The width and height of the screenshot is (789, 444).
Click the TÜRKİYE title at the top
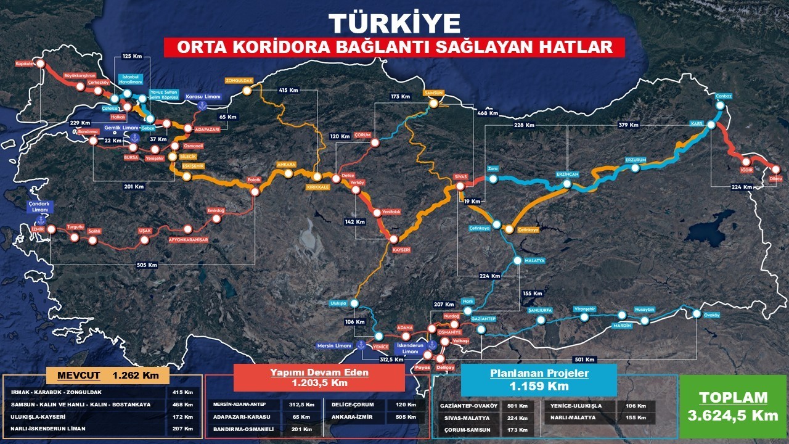[394, 23]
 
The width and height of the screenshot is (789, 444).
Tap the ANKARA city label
[287, 165]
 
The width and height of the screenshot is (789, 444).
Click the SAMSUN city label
[433, 92]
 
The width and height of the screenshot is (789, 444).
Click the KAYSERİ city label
[401, 250]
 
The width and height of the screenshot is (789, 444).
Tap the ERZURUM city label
[636, 160]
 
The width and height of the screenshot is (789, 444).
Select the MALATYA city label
[534, 261]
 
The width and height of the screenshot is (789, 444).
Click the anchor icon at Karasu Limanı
[202, 106]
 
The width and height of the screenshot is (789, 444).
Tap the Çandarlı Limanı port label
[39, 207]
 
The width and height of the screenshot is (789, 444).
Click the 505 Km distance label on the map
[148, 265]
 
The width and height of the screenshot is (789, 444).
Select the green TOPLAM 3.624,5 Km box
[733, 406]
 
